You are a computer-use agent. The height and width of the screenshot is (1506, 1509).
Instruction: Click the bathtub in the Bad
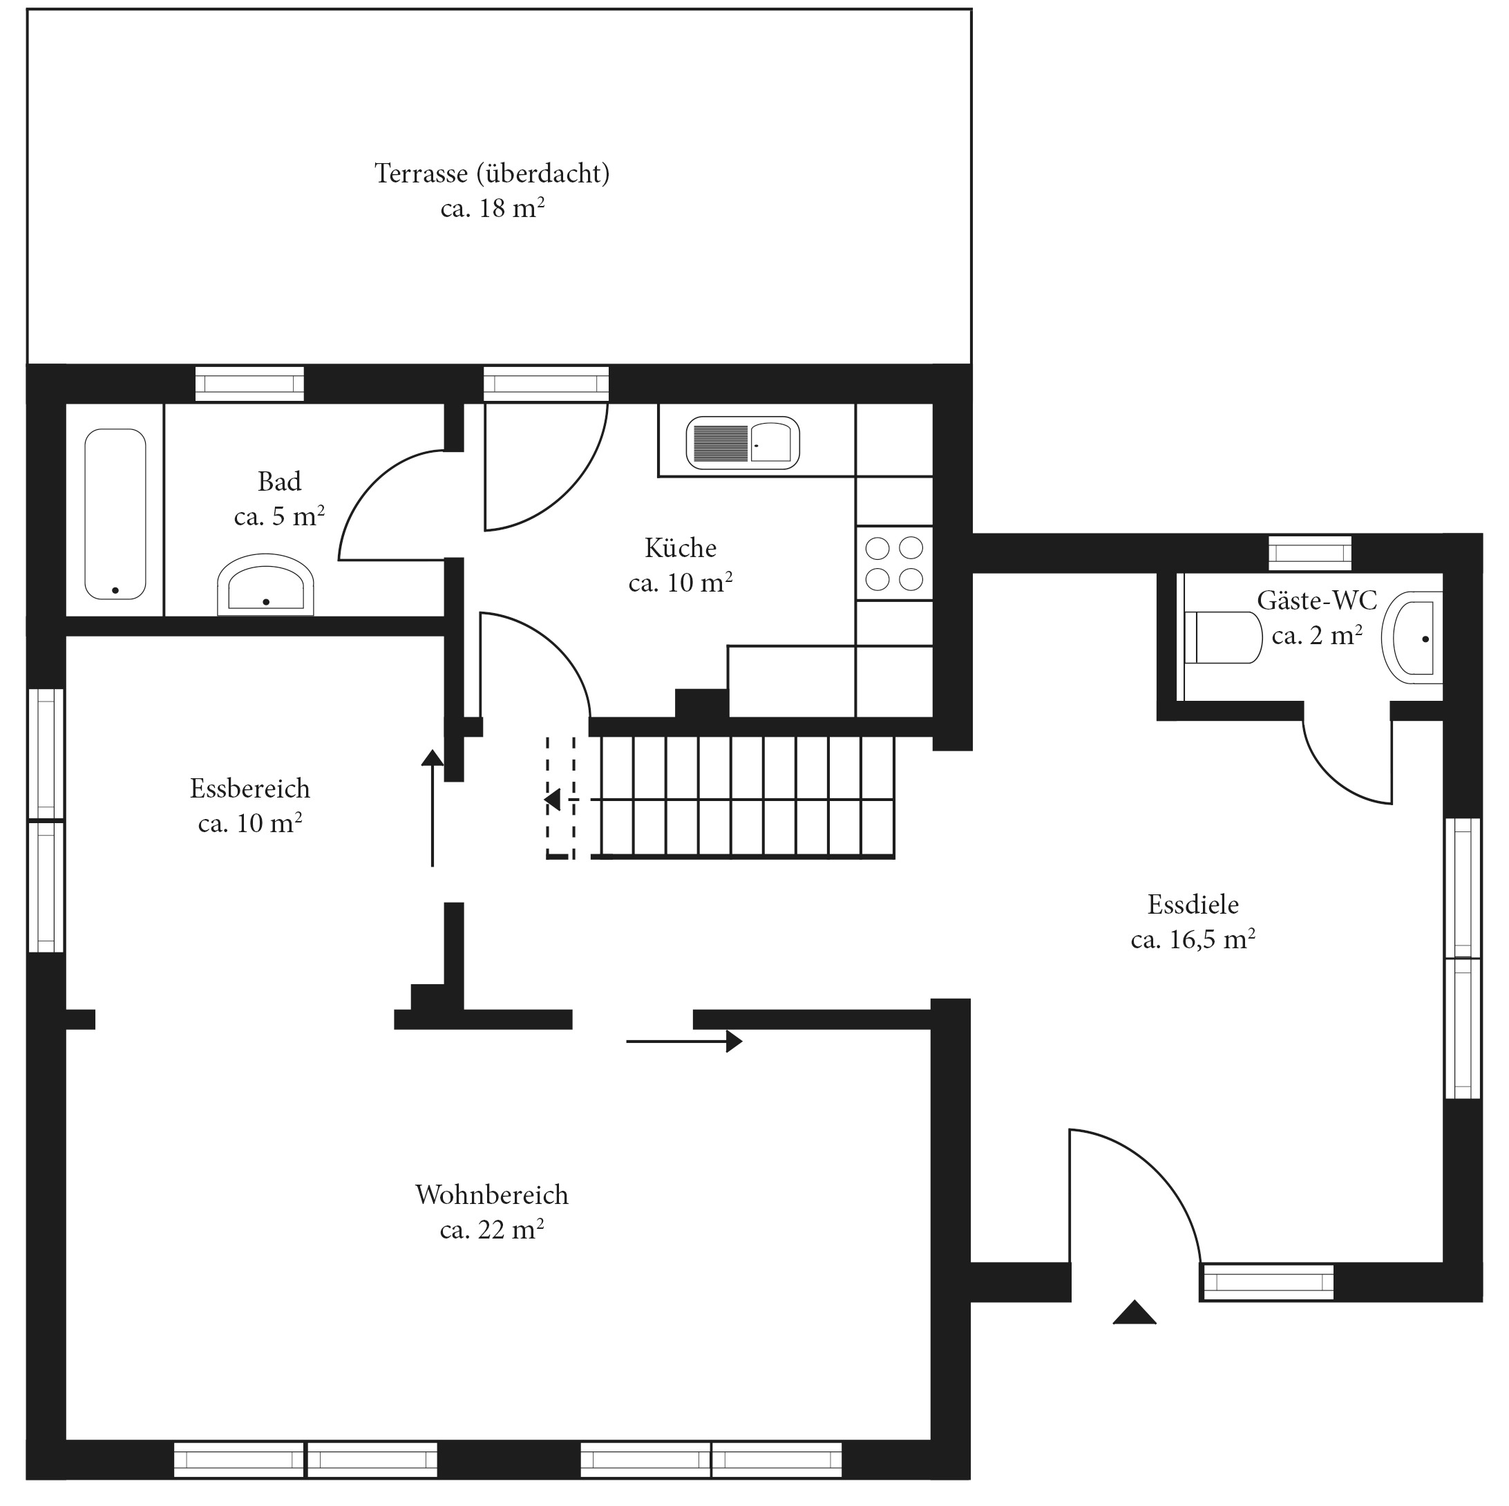(x=115, y=514)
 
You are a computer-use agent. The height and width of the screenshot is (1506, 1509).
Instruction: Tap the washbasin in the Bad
(x=265, y=585)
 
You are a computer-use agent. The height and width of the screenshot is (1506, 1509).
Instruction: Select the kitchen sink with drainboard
(x=743, y=443)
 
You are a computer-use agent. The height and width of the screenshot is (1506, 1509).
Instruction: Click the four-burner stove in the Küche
(x=894, y=563)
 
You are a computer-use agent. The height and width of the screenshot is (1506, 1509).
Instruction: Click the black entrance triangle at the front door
(x=1134, y=1312)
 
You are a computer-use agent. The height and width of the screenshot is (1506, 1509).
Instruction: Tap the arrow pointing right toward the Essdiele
(x=684, y=1042)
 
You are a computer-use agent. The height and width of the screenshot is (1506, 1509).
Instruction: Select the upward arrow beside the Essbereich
(x=432, y=808)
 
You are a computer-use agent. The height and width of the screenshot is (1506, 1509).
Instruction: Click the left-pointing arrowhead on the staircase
(x=553, y=800)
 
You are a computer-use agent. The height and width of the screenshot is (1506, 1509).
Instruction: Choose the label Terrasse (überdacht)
(x=492, y=173)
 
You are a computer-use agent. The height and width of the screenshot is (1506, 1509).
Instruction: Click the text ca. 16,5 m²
(x=1193, y=938)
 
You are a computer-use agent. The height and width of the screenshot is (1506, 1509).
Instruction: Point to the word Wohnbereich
(x=492, y=1194)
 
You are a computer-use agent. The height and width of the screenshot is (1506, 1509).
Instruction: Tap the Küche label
(x=681, y=547)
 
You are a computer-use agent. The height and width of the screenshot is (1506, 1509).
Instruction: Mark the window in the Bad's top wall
(x=249, y=384)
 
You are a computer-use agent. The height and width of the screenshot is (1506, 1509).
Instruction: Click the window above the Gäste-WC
(x=1310, y=554)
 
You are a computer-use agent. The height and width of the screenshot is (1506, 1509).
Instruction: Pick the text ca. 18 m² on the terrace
(x=492, y=209)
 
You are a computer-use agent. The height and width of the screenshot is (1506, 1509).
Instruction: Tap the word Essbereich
(x=250, y=788)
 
